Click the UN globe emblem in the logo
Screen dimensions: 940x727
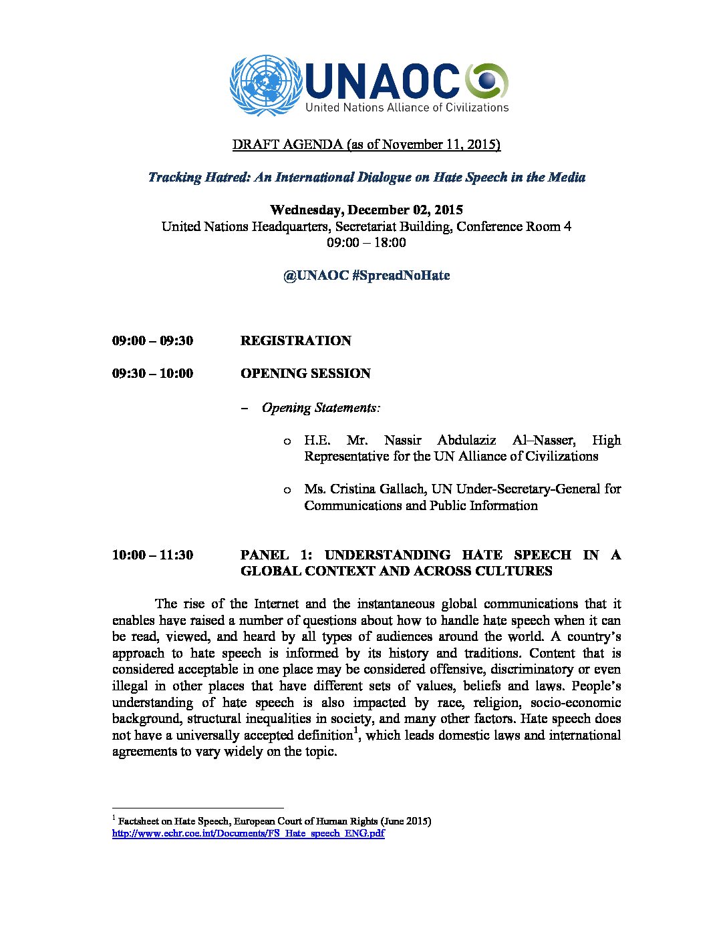[265, 86]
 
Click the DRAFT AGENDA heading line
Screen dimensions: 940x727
[366, 144]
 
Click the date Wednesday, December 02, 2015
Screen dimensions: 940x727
[366, 210]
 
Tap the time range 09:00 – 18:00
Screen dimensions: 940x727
[366, 242]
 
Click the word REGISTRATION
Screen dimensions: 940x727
[295, 340]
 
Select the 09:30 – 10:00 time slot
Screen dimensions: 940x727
[152, 373]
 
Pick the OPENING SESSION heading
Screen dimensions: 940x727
[305, 373]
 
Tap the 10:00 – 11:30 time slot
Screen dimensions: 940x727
[152, 555]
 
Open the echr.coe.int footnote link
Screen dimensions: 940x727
[248, 834]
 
